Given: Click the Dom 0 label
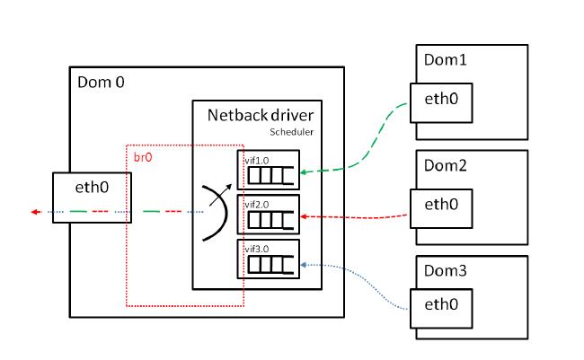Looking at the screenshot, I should click(102, 83).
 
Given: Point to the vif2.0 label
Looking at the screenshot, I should click(257, 204).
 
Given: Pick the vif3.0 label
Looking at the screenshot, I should click(257, 249).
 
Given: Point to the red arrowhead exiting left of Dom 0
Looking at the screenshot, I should click(33, 213).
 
